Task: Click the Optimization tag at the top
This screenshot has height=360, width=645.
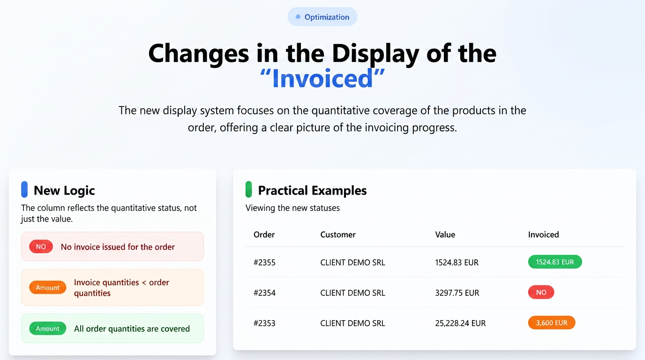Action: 322,17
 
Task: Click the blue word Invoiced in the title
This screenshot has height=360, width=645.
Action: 322,79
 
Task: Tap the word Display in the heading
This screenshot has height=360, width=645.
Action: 375,54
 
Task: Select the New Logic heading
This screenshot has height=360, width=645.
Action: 64,190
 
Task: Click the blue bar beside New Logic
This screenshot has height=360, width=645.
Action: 24,189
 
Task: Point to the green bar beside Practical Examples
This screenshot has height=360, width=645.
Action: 248,189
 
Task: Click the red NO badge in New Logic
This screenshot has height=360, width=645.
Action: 41,247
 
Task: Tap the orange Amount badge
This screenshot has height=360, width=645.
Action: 47,287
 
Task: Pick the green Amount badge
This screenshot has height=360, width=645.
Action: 47,328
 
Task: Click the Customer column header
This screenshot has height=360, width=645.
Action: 338,235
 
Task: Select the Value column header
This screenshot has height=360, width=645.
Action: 445,235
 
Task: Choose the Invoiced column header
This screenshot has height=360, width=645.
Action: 543,235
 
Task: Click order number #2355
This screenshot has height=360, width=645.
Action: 264,262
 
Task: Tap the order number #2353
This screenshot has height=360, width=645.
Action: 264,323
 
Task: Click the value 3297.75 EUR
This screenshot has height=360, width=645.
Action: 457,293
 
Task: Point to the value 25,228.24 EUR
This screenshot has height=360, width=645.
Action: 460,323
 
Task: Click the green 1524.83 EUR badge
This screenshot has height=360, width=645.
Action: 555,262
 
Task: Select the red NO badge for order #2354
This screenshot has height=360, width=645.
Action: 541,292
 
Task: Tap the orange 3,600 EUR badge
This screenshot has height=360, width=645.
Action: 552,323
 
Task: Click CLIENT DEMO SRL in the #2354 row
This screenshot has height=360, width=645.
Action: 352,293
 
